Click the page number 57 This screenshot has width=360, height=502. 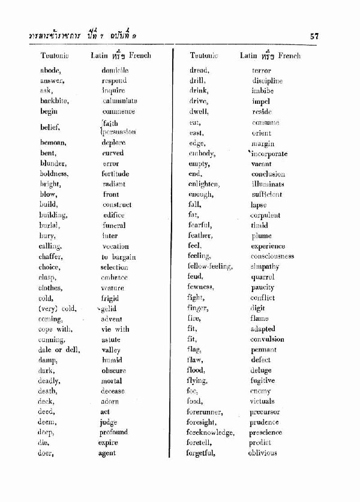[314, 35]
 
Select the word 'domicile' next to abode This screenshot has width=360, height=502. [115, 70]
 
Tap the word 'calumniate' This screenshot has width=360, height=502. [119, 101]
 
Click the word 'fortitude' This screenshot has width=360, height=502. [115, 174]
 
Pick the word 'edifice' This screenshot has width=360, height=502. [113, 215]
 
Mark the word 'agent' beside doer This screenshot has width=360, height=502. [107, 453]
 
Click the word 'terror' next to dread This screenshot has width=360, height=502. [262, 70]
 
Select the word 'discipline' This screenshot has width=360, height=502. [267, 80]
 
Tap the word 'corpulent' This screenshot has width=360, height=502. [265, 215]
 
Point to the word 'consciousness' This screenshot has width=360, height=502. [272, 256]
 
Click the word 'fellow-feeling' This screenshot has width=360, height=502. [209, 266]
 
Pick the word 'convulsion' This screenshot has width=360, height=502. [268, 339]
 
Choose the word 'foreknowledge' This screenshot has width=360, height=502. [209, 432]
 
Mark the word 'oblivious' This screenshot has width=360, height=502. [263, 453]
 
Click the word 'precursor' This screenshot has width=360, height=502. [265, 412]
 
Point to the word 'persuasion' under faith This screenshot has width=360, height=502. [120, 132]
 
